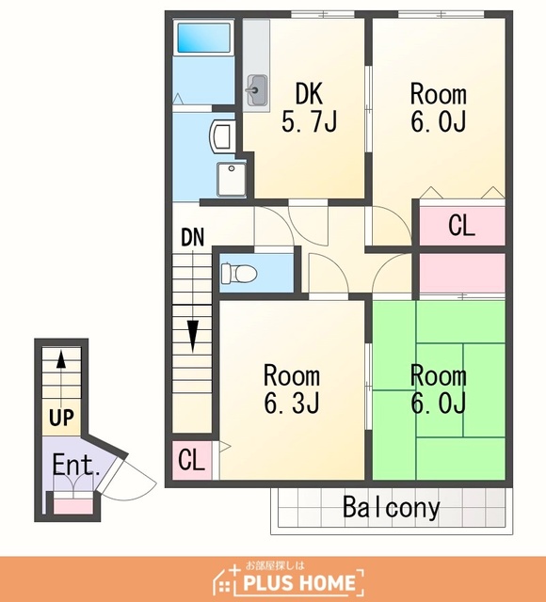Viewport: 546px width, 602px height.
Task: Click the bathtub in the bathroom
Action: coord(203,38)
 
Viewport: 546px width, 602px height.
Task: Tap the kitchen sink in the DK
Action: coord(257,90)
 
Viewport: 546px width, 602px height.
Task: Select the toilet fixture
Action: coord(239,273)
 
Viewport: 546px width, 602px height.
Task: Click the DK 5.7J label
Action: coord(309,107)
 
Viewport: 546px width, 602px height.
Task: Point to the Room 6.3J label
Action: coord(292,388)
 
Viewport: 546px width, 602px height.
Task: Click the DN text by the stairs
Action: coord(192,237)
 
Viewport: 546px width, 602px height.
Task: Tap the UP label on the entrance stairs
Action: coord(61,417)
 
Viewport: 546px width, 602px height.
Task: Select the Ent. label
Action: coord(75,465)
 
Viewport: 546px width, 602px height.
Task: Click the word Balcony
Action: coord(392,508)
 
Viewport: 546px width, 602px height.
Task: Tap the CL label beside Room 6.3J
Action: coord(191,459)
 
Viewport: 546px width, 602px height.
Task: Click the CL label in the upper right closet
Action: coord(461,226)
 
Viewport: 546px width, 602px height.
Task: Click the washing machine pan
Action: coord(232,180)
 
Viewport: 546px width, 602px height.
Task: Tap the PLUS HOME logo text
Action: coord(299,582)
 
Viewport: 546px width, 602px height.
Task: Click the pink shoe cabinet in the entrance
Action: coord(73,506)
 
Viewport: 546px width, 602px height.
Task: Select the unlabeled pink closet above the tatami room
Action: coord(462,273)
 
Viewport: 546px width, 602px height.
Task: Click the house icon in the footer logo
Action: coord(227,579)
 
